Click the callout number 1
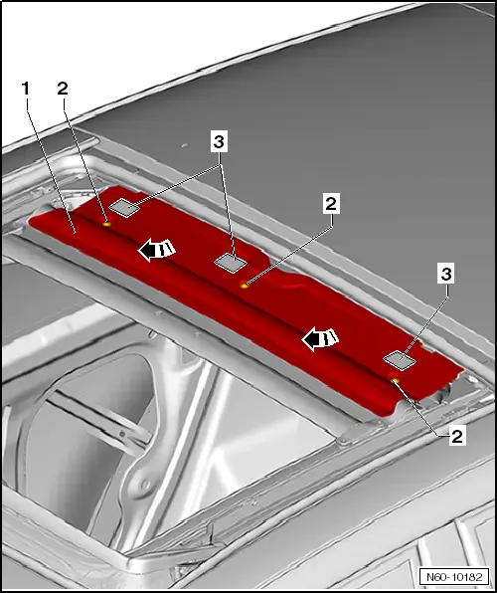[26, 89]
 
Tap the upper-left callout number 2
[63, 89]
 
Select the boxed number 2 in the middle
[331, 204]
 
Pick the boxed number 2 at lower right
[457, 437]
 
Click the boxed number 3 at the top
[219, 142]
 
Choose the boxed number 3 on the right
[446, 274]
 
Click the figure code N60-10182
[454, 577]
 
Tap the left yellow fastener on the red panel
[107, 224]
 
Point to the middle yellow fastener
[245, 286]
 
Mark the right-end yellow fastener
[395, 380]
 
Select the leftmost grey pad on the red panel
[124, 207]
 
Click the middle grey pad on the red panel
[231, 263]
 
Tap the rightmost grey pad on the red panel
[400, 360]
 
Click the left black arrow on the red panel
[156, 250]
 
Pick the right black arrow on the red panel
[320, 339]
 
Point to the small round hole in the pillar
[145, 484]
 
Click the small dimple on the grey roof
[184, 145]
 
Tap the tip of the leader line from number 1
[75, 235]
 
